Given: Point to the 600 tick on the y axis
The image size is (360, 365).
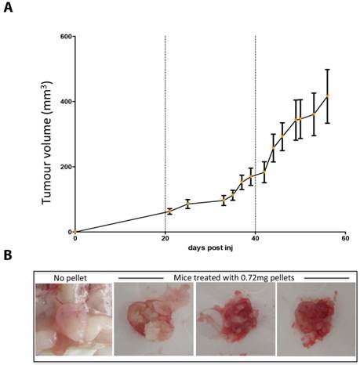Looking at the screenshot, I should tap(62, 37).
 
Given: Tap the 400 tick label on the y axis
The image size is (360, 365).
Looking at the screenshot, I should tap(62, 102).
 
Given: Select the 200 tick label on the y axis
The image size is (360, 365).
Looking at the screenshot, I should tap(62, 167).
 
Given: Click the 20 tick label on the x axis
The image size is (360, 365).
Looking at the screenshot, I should tap(165, 239).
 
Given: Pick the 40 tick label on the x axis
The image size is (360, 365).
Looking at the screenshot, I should tap(256, 239).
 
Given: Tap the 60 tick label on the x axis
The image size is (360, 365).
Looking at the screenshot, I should tap(346, 239).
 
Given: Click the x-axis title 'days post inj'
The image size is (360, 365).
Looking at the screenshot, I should tap(210, 248).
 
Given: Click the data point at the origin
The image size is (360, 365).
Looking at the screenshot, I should tap(75, 232).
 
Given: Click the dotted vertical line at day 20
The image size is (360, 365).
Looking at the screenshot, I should tap(165, 117).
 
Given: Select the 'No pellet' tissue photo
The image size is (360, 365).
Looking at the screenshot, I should tap(72, 319).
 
